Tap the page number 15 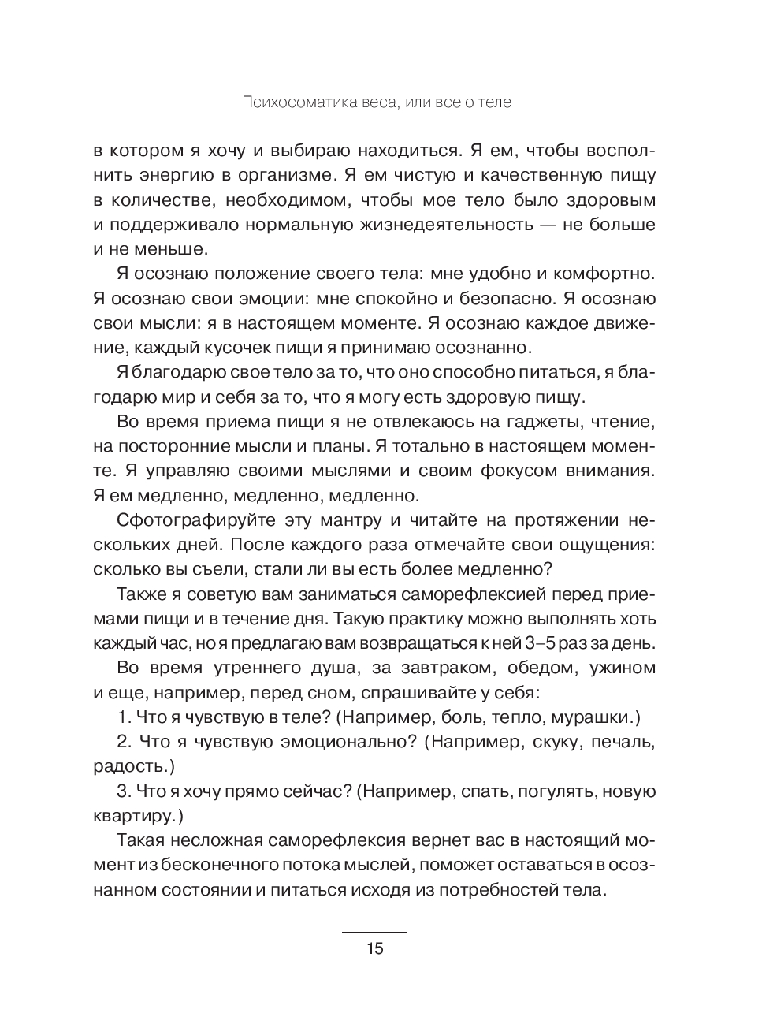pos(375,948)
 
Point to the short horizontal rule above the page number pos(375,933)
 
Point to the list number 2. pos(123,742)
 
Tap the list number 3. pos(123,791)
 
